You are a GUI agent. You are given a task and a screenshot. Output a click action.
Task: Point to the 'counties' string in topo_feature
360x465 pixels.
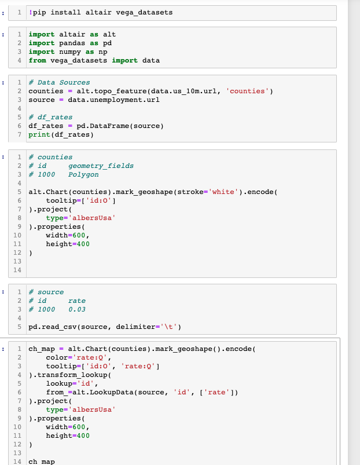click(x=249, y=91)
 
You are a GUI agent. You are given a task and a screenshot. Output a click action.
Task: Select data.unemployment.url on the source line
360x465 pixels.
click(x=112, y=100)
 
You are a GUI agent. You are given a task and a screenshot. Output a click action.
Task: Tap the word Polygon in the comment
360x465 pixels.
click(x=83, y=174)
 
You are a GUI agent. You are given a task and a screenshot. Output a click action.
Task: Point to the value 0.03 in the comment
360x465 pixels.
click(x=77, y=309)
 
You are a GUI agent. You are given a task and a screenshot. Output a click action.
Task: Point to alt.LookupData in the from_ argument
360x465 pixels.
click(x=109, y=392)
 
